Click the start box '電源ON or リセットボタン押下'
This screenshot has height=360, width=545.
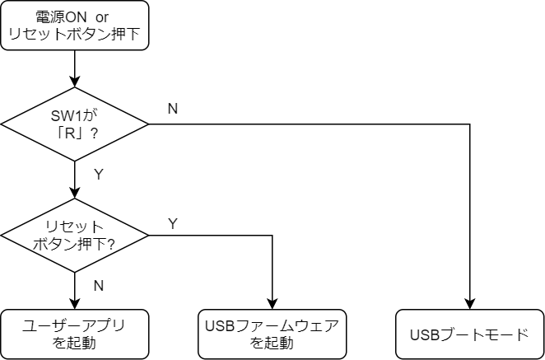[74, 26]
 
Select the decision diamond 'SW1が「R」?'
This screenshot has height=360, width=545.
[74, 124]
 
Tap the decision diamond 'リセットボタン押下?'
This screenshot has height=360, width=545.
[74, 236]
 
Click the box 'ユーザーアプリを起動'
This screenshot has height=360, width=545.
[74, 334]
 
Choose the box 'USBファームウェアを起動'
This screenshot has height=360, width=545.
[272, 334]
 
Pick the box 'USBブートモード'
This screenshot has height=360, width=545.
[470, 334]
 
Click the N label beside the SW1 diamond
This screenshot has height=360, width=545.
[173, 109]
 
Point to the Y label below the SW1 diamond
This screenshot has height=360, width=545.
[99, 175]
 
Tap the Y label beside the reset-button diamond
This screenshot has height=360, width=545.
[173, 224]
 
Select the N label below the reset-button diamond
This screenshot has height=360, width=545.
[99, 286]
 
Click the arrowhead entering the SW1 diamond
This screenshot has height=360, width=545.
[74, 82]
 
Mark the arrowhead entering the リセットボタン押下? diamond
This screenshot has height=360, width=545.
[74, 193]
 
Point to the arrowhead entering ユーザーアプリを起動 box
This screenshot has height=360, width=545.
[74, 304]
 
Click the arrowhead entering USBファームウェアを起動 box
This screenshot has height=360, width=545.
[272, 304]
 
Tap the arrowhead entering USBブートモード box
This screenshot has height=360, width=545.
[470, 304]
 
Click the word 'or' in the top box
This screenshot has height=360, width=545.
[102, 17]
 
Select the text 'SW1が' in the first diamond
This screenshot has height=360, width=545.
[72, 116]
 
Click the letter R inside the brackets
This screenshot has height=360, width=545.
[71, 133]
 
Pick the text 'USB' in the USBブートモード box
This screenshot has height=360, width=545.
[423, 335]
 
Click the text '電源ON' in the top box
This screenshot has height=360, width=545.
[61, 17]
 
